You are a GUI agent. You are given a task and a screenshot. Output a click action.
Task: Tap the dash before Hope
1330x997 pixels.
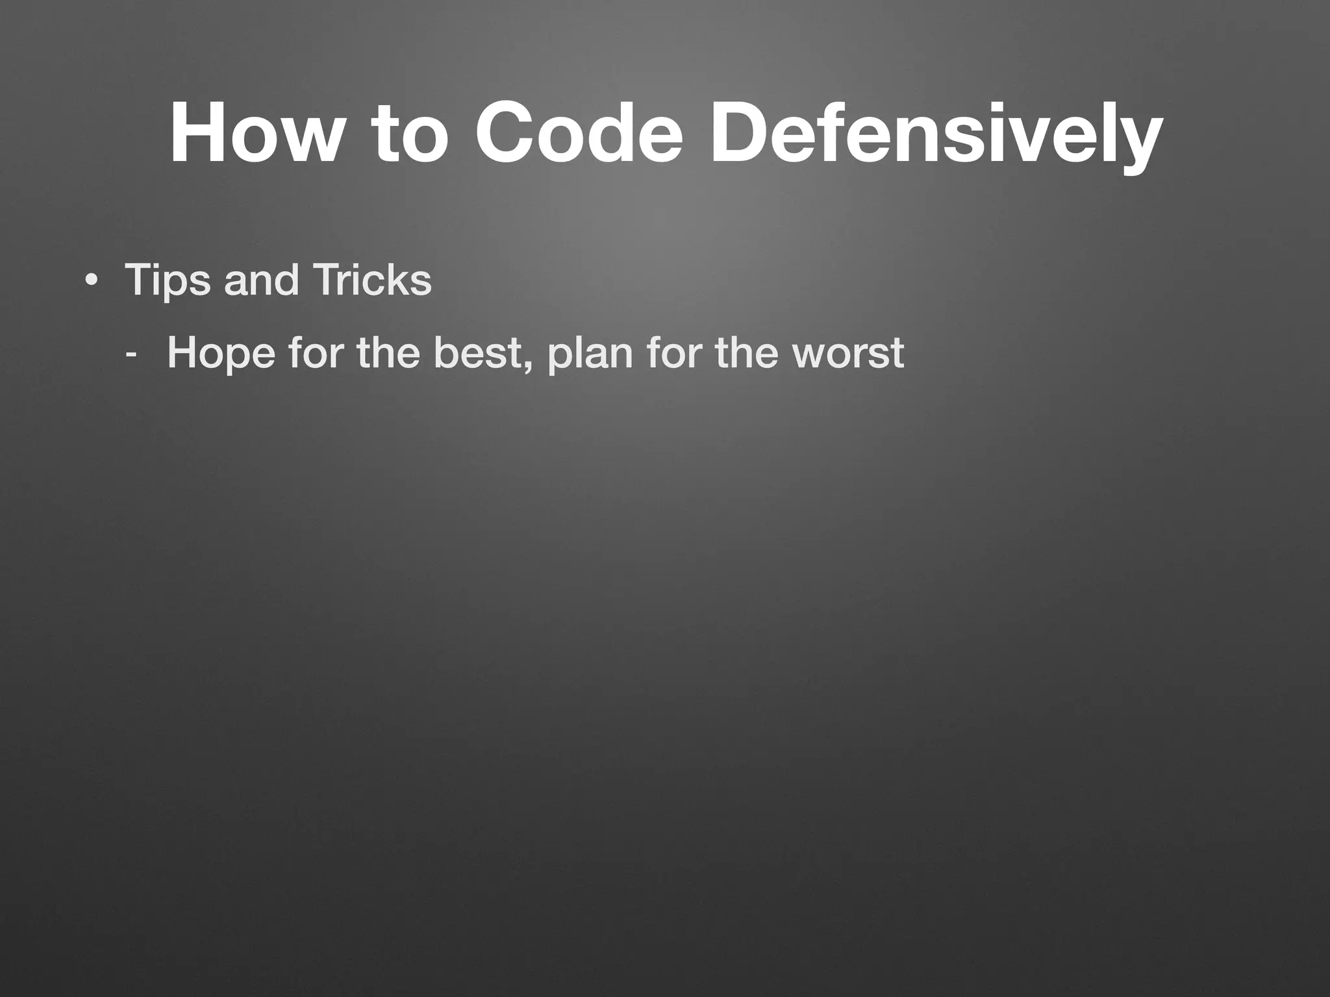[132, 355]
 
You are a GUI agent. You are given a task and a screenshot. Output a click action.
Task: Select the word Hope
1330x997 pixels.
[221, 354]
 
